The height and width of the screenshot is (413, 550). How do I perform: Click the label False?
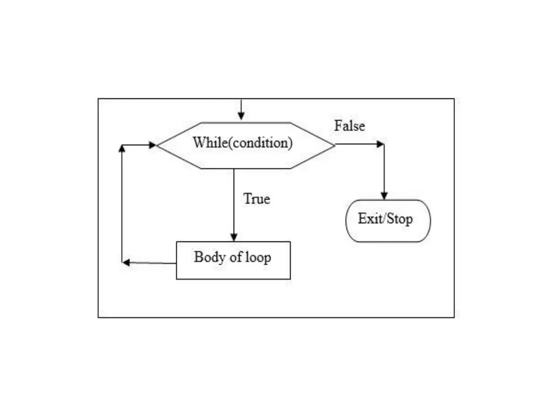(x=349, y=126)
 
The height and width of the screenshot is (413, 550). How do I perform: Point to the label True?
(x=257, y=198)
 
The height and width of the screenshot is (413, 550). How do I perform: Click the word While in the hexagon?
(x=206, y=143)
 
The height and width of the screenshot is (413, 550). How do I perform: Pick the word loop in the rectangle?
(x=258, y=258)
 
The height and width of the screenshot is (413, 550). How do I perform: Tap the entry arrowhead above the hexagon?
(x=241, y=117)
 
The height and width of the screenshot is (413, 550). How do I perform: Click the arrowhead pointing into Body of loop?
(x=234, y=237)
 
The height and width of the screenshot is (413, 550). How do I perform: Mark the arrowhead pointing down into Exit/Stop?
(x=384, y=196)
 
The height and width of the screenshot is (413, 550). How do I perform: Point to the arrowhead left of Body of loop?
(x=126, y=262)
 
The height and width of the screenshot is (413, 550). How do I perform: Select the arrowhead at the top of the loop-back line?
(x=122, y=148)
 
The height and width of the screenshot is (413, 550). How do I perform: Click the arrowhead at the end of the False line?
(x=381, y=144)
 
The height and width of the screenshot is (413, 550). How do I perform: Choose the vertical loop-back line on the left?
(x=122, y=204)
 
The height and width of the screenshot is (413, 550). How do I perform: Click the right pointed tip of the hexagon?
(x=334, y=145)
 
